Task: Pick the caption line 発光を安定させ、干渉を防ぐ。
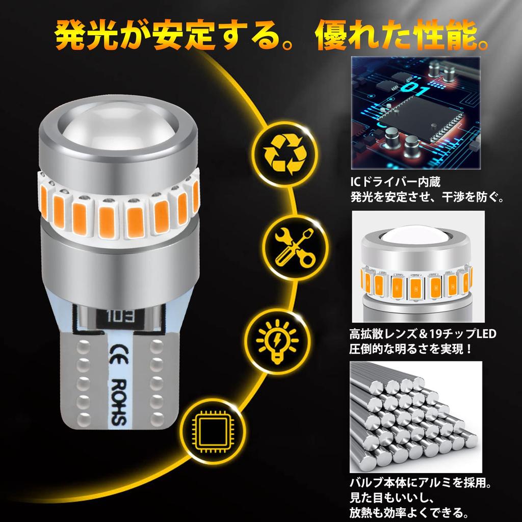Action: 426,196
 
